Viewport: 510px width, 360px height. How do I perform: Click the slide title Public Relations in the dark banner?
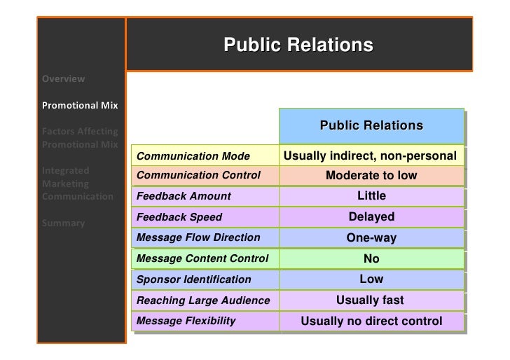pos(298,46)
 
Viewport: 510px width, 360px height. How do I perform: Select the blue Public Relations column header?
pos(371,126)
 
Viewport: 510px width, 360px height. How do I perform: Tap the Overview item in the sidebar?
pos(64,78)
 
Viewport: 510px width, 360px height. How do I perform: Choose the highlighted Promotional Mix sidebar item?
pos(80,106)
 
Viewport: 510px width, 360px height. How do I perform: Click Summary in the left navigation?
pos(64,223)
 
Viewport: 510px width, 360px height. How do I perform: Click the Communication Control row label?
pos(198,175)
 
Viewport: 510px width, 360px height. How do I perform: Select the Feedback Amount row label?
pos(184,196)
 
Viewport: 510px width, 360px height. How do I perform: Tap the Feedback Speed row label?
pos(179,217)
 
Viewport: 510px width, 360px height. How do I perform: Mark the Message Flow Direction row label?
pos(198,237)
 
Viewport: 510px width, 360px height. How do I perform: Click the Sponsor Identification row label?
pos(193,279)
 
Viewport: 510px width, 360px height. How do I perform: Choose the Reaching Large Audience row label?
pos(203,300)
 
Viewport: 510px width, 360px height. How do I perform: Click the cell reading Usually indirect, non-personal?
pos(371,155)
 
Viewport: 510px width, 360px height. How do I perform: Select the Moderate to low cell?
pos(371,175)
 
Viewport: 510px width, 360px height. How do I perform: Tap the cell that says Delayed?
pos(371,217)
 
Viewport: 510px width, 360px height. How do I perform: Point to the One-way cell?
pos(371,237)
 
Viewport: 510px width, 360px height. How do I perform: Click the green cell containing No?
pos(371,258)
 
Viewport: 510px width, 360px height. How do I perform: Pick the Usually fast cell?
pos(371,300)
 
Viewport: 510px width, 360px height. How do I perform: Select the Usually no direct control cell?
pos(371,321)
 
